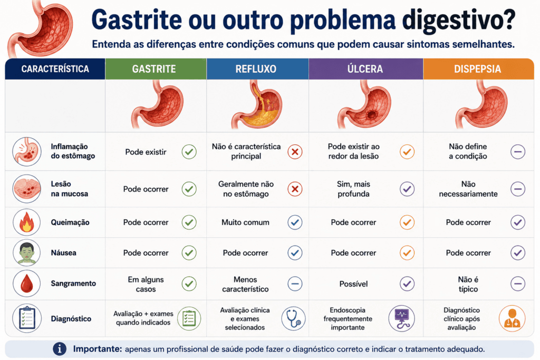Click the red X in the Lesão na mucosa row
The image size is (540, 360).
[295, 189]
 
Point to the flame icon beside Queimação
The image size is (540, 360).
[26, 222]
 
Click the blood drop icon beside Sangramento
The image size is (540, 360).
[26, 284]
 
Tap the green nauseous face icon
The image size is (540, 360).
[27, 253]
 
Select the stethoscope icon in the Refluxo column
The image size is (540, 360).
[293, 319]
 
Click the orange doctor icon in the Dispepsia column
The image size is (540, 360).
[512, 319]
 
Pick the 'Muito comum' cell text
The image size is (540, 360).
[245, 222]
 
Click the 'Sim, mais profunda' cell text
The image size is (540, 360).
[353, 189]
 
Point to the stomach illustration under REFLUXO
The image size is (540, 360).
[257, 104]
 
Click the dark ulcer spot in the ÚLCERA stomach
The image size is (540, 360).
[372, 114]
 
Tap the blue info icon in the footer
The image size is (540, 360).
[60, 348]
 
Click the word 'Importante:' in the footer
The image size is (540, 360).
[98, 349]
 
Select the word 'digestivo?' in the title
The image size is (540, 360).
[459, 21]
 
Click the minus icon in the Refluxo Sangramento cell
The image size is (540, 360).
[295, 284]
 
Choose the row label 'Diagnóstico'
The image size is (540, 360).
[71, 319]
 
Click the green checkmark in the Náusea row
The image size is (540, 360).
[189, 253]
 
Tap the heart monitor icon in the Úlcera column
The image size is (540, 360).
[401, 319]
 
